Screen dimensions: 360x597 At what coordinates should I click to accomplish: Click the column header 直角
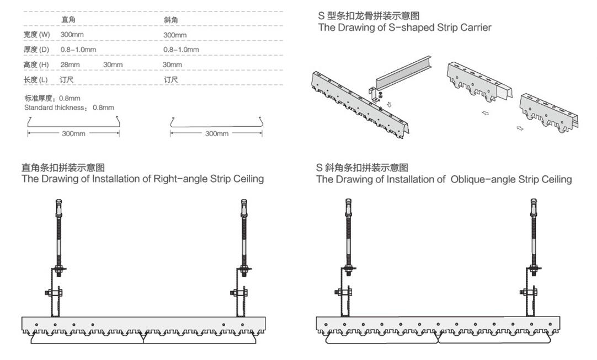68,20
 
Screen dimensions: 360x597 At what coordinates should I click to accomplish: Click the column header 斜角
170,20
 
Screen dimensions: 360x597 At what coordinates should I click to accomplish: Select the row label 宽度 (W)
37,35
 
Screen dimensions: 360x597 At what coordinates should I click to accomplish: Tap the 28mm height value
70,65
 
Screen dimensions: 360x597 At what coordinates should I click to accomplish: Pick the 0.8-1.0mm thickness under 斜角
181,50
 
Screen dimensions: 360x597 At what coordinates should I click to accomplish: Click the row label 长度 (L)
36,80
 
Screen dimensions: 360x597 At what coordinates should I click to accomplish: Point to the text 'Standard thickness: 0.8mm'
69,108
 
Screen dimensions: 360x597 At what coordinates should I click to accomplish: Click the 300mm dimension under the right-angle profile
73,133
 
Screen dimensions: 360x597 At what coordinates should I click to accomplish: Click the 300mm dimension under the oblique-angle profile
216,133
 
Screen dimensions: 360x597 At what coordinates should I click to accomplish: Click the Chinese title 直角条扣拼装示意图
63,168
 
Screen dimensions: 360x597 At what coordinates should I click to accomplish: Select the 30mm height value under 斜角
172,65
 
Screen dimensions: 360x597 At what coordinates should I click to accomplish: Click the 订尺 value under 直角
67,80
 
